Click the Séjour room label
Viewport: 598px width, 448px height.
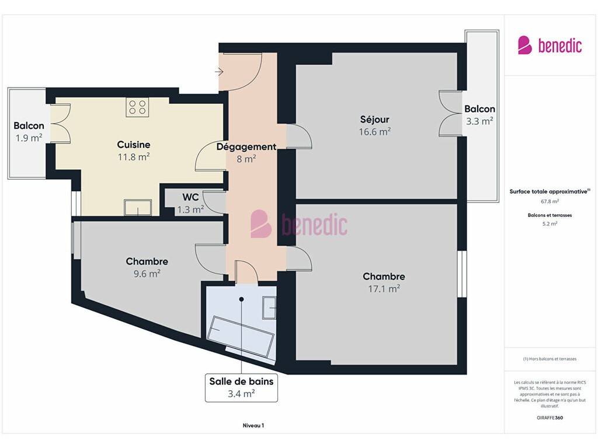[374, 119]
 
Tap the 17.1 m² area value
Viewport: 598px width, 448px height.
[384, 289]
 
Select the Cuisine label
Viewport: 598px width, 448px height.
[134, 145]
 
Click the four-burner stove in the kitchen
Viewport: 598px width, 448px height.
[137, 107]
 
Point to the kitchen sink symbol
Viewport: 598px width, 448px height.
[138, 208]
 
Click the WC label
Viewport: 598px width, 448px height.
[190, 197]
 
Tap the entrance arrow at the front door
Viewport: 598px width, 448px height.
[219, 72]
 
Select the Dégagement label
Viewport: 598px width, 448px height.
[246, 146]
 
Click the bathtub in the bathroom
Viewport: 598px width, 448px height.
[241, 336]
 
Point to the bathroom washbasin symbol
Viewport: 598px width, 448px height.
[269, 307]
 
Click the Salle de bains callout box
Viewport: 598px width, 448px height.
[241, 387]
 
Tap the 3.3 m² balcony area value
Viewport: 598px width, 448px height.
[479, 121]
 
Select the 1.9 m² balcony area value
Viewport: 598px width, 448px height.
[29, 138]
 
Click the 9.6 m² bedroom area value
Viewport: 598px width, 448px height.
[147, 274]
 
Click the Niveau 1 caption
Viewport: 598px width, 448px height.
[253, 425]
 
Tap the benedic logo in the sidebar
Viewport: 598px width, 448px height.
[550, 45]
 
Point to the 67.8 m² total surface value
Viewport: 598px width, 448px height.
[550, 201]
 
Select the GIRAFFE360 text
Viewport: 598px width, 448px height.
[550, 418]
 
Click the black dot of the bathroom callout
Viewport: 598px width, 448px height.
[241, 299]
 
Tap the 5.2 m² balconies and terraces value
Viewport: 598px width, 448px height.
[550, 223]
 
